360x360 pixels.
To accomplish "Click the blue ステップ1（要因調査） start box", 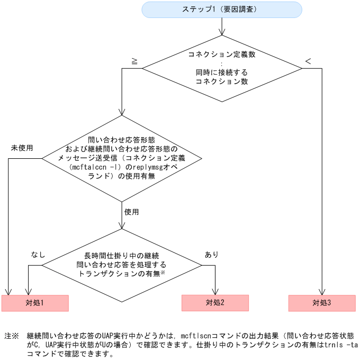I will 221,10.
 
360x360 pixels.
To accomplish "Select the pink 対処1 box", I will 35,303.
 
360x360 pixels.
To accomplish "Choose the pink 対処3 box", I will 321,303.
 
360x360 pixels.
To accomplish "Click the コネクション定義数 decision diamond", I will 221,68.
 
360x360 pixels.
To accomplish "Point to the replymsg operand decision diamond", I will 122,158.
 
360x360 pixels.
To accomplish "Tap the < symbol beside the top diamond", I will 308,61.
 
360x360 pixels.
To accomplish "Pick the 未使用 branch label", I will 22,148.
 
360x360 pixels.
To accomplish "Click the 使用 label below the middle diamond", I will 132,211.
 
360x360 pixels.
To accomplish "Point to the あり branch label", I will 211,255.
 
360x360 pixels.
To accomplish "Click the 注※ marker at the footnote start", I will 11,336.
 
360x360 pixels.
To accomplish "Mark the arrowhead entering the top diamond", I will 221,33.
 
